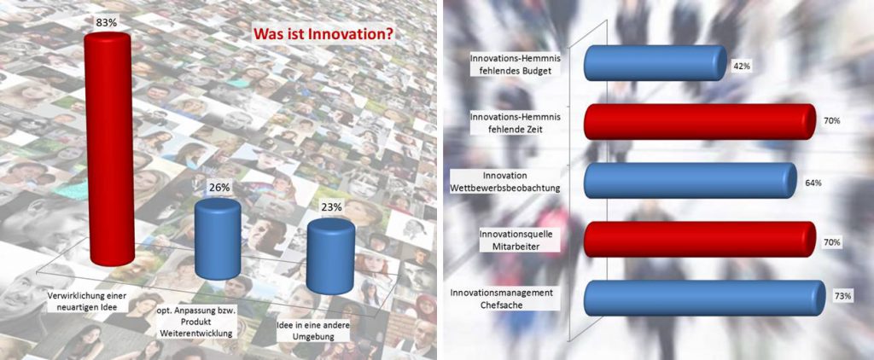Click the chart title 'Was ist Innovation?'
click(x=323, y=34)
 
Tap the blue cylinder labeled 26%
click(x=218, y=239)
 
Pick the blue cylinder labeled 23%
click(x=330, y=256)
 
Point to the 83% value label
click(x=107, y=24)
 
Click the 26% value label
click(x=218, y=189)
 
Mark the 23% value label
click(x=332, y=207)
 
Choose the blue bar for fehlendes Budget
click(x=655, y=63)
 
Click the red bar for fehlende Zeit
click(x=700, y=121)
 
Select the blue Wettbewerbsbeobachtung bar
click(x=690, y=181)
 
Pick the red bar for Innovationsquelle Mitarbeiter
click(x=700, y=240)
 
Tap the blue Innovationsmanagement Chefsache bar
click(x=704, y=298)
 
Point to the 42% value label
click(x=742, y=67)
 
